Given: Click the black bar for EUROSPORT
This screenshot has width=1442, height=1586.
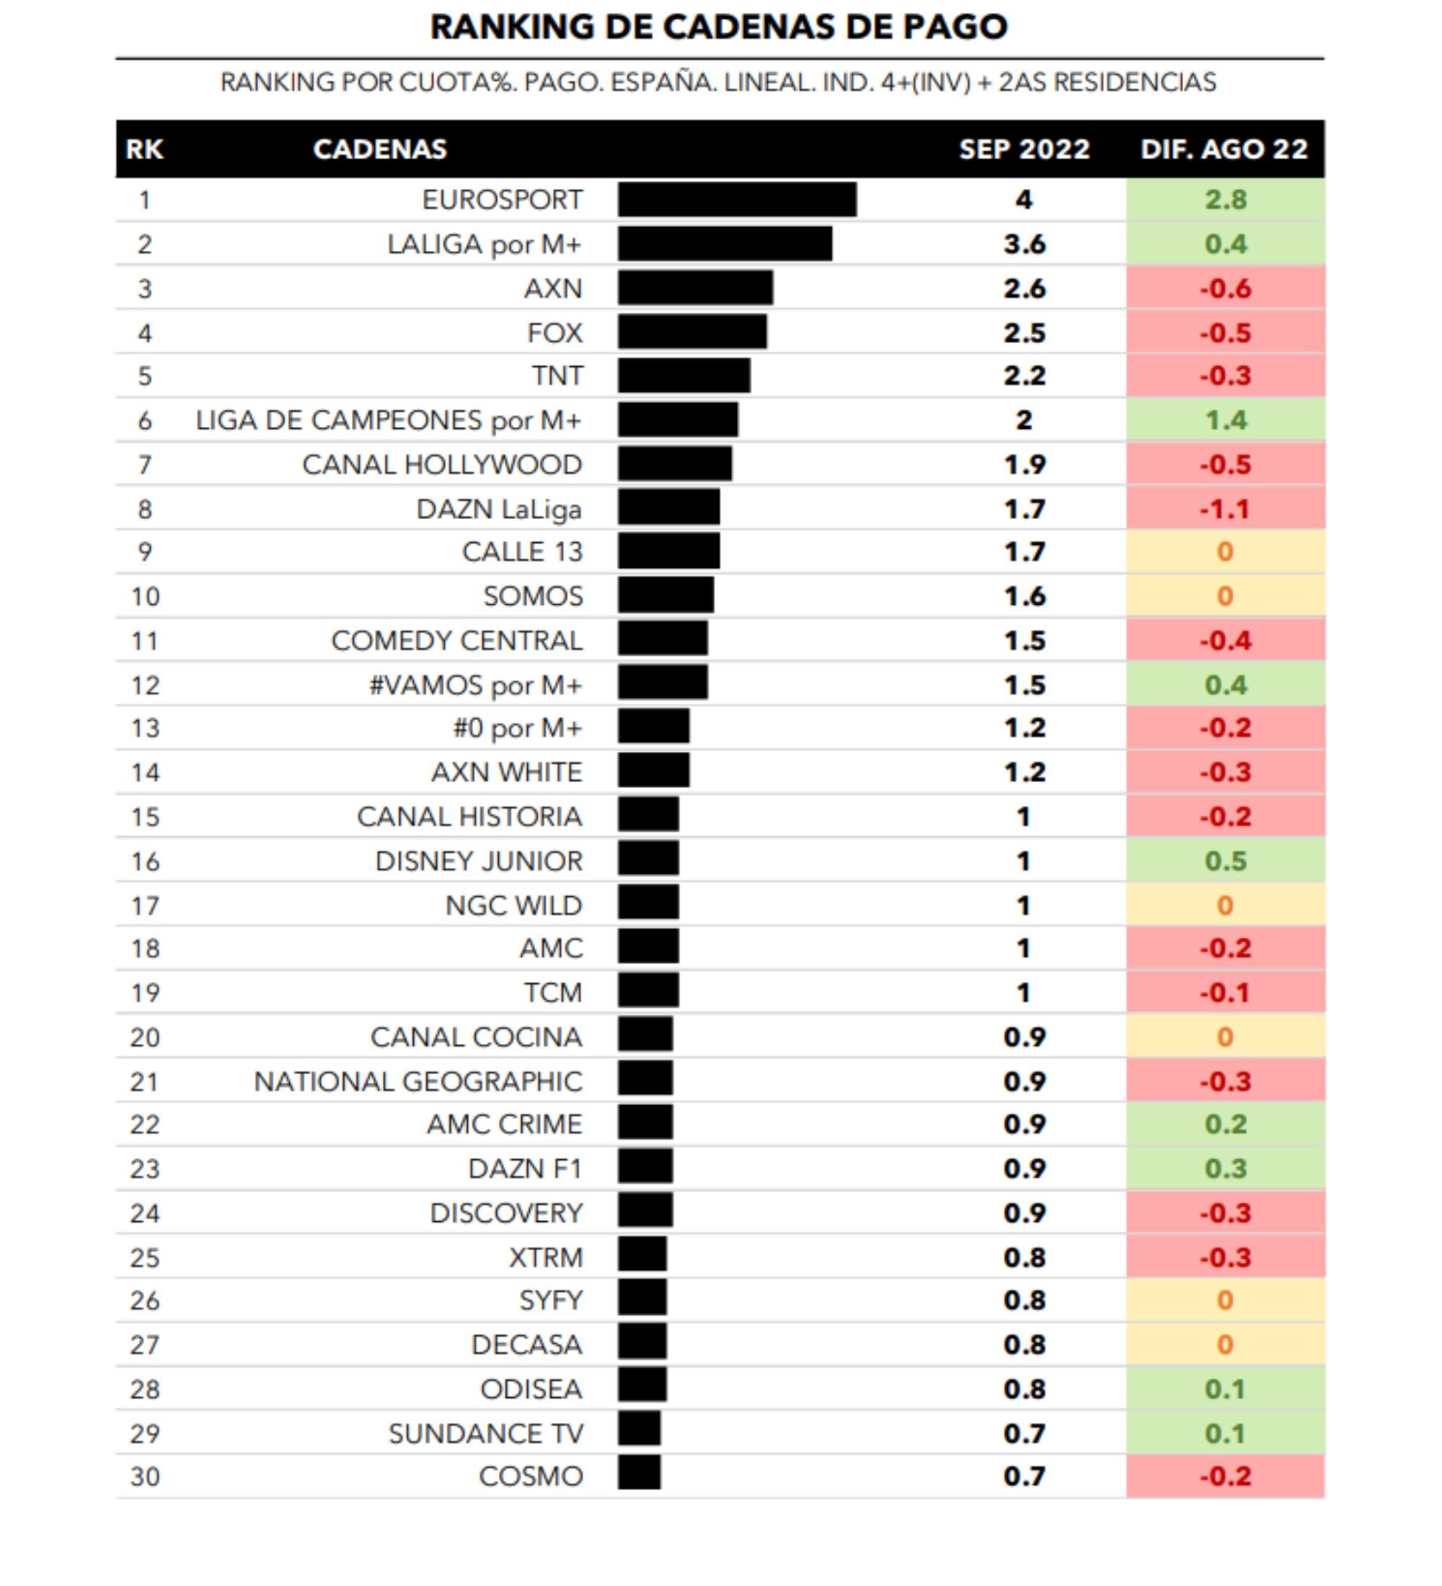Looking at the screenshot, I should [x=736, y=200].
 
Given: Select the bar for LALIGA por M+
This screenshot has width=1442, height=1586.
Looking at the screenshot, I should [x=725, y=244].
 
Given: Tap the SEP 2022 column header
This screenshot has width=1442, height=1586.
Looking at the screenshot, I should [x=1025, y=149].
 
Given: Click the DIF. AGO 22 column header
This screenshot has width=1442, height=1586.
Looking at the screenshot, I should [x=1224, y=149].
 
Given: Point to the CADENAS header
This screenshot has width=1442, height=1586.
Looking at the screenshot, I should [x=380, y=149].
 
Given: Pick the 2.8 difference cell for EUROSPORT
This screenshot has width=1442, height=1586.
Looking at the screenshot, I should [x=1225, y=200].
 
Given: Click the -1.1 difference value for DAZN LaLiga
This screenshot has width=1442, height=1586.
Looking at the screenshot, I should [x=1225, y=509].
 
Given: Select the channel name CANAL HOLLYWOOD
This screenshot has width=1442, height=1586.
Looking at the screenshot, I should [x=442, y=465].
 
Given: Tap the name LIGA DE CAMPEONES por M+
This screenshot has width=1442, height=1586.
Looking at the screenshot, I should [x=389, y=421].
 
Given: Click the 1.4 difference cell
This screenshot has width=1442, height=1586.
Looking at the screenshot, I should [x=1225, y=421].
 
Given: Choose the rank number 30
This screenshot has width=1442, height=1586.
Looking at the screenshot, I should [x=145, y=1476].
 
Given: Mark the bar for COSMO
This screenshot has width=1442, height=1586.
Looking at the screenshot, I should [x=639, y=1473].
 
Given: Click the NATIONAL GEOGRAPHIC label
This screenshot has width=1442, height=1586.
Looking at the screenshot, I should [x=417, y=1081].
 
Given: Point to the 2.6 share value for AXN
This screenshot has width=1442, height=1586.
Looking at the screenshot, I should [x=1025, y=288].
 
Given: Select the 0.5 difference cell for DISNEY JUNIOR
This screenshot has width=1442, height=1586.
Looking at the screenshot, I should [x=1225, y=861].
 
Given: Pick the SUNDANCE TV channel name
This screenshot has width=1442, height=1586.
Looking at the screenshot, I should [x=485, y=1434].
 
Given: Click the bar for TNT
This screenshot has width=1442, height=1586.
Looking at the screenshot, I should [x=684, y=376].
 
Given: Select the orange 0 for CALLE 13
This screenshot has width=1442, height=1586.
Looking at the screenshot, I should [x=1225, y=552].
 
